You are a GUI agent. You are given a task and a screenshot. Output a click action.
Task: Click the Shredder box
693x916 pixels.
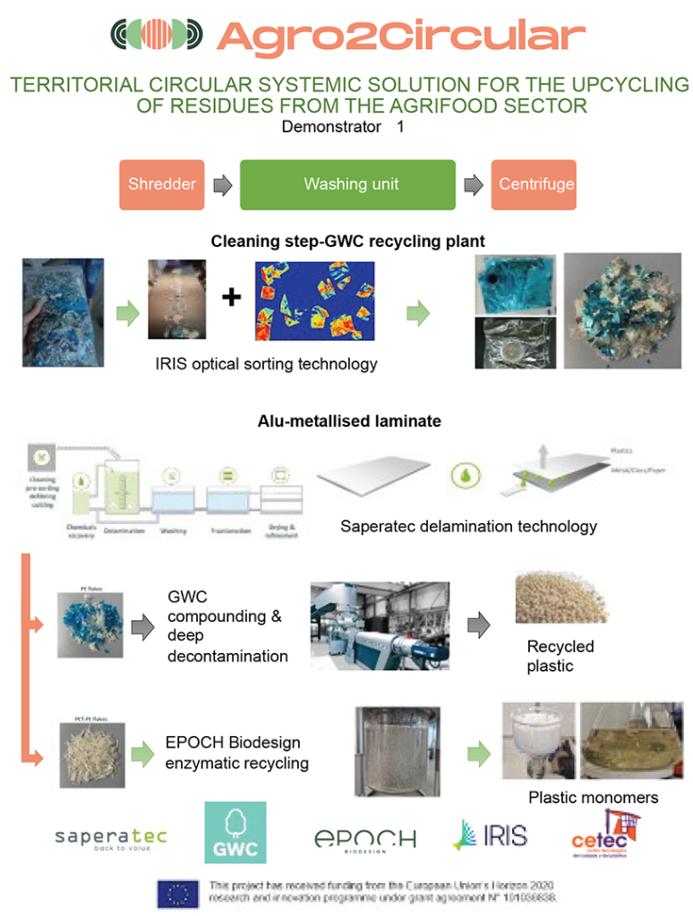161,185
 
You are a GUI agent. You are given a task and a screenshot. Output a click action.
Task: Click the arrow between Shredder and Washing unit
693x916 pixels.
223,186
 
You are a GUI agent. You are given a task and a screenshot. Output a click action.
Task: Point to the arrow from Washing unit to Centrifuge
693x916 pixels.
472,186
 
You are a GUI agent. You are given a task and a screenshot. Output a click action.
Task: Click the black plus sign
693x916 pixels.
232,297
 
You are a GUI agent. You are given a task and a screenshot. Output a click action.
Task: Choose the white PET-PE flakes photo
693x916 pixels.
91,754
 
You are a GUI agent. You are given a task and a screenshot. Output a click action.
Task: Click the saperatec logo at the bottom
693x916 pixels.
111,839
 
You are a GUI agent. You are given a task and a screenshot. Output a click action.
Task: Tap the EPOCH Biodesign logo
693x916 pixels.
364,839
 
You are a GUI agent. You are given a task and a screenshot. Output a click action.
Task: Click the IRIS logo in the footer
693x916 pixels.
490,835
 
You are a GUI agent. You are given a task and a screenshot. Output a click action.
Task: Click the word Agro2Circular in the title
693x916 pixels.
400,37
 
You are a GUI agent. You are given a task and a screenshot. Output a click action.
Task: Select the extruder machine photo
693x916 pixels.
380,625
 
